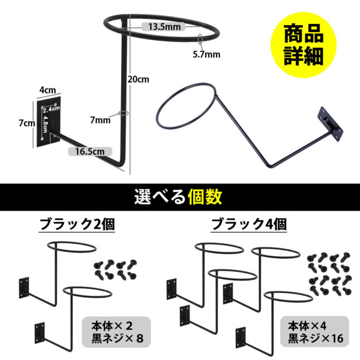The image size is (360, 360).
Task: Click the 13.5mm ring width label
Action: click(164, 27)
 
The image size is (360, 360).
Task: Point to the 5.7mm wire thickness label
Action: click(206, 55)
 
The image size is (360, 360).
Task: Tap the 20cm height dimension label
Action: click(138, 79)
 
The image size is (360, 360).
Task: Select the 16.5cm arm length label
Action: click(90, 152)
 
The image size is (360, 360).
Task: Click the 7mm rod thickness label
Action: click(100, 120)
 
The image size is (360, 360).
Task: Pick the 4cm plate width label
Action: click(48, 90)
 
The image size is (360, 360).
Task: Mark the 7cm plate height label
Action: click(27, 123)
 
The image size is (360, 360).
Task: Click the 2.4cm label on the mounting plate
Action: click(51, 109)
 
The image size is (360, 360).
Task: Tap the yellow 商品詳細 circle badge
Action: click(304, 45)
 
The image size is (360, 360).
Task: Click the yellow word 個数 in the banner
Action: click(205, 197)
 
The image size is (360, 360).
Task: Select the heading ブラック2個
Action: click(77, 224)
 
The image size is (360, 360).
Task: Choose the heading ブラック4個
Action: click(249, 224)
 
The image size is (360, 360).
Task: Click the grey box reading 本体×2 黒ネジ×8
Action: click(116, 332)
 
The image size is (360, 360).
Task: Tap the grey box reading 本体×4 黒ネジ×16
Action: click(315, 332)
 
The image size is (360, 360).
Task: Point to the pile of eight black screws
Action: click(115, 269)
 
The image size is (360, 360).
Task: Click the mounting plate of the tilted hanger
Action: click(330, 124)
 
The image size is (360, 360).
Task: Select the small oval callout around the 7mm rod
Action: click(123, 113)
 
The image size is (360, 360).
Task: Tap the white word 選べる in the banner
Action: click(160, 197)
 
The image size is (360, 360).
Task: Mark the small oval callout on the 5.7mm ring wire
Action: click(200, 39)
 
